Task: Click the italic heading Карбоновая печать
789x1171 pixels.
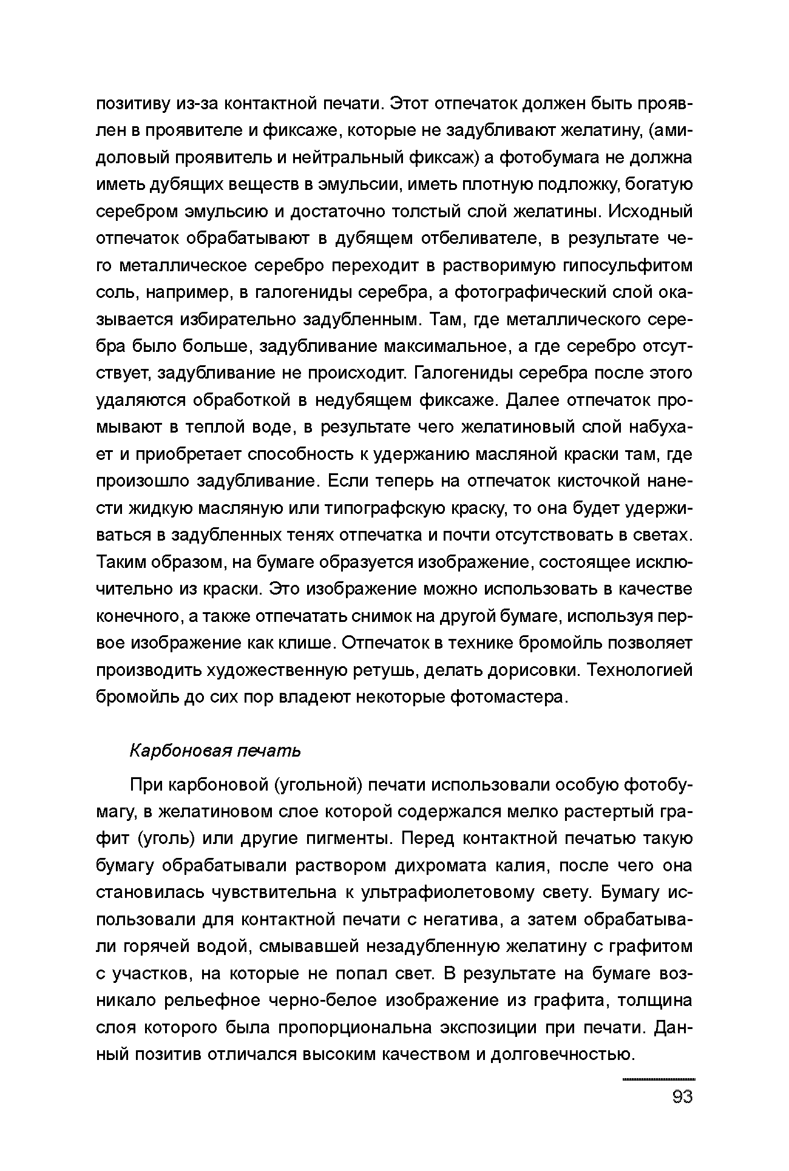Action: pyautogui.click(x=215, y=751)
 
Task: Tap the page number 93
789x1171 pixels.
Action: pyautogui.click(x=683, y=1097)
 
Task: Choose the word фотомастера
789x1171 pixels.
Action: pyautogui.click(x=509, y=697)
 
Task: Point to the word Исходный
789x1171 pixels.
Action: pyautogui.click(x=650, y=212)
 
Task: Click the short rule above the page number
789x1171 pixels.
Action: pyautogui.click(x=659, y=1079)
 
